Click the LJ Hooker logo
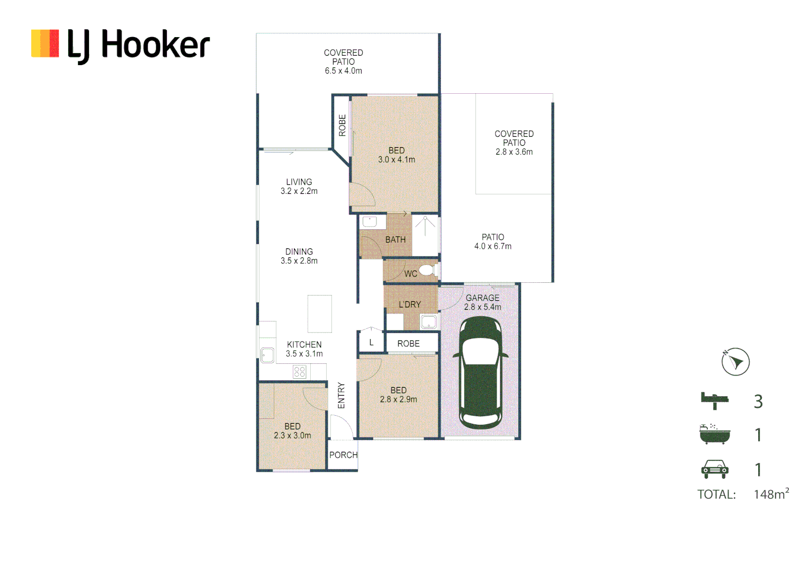(121, 45)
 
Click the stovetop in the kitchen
(299, 371)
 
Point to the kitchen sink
(267, 355)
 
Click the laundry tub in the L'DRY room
(428, 321)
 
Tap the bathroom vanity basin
(370, 221)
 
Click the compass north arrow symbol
(735, 362)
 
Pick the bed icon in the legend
(714, 400)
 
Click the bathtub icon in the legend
(714, 434)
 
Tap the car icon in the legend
(714, 469)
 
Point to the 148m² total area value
(771, 494)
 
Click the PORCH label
(343, 455)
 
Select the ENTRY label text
(341, 396)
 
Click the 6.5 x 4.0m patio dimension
(343, 71)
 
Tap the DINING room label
(299, 252)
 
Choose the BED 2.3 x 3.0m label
(292, 431)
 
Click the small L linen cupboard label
(371, 343)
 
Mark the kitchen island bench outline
(320, 314)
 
